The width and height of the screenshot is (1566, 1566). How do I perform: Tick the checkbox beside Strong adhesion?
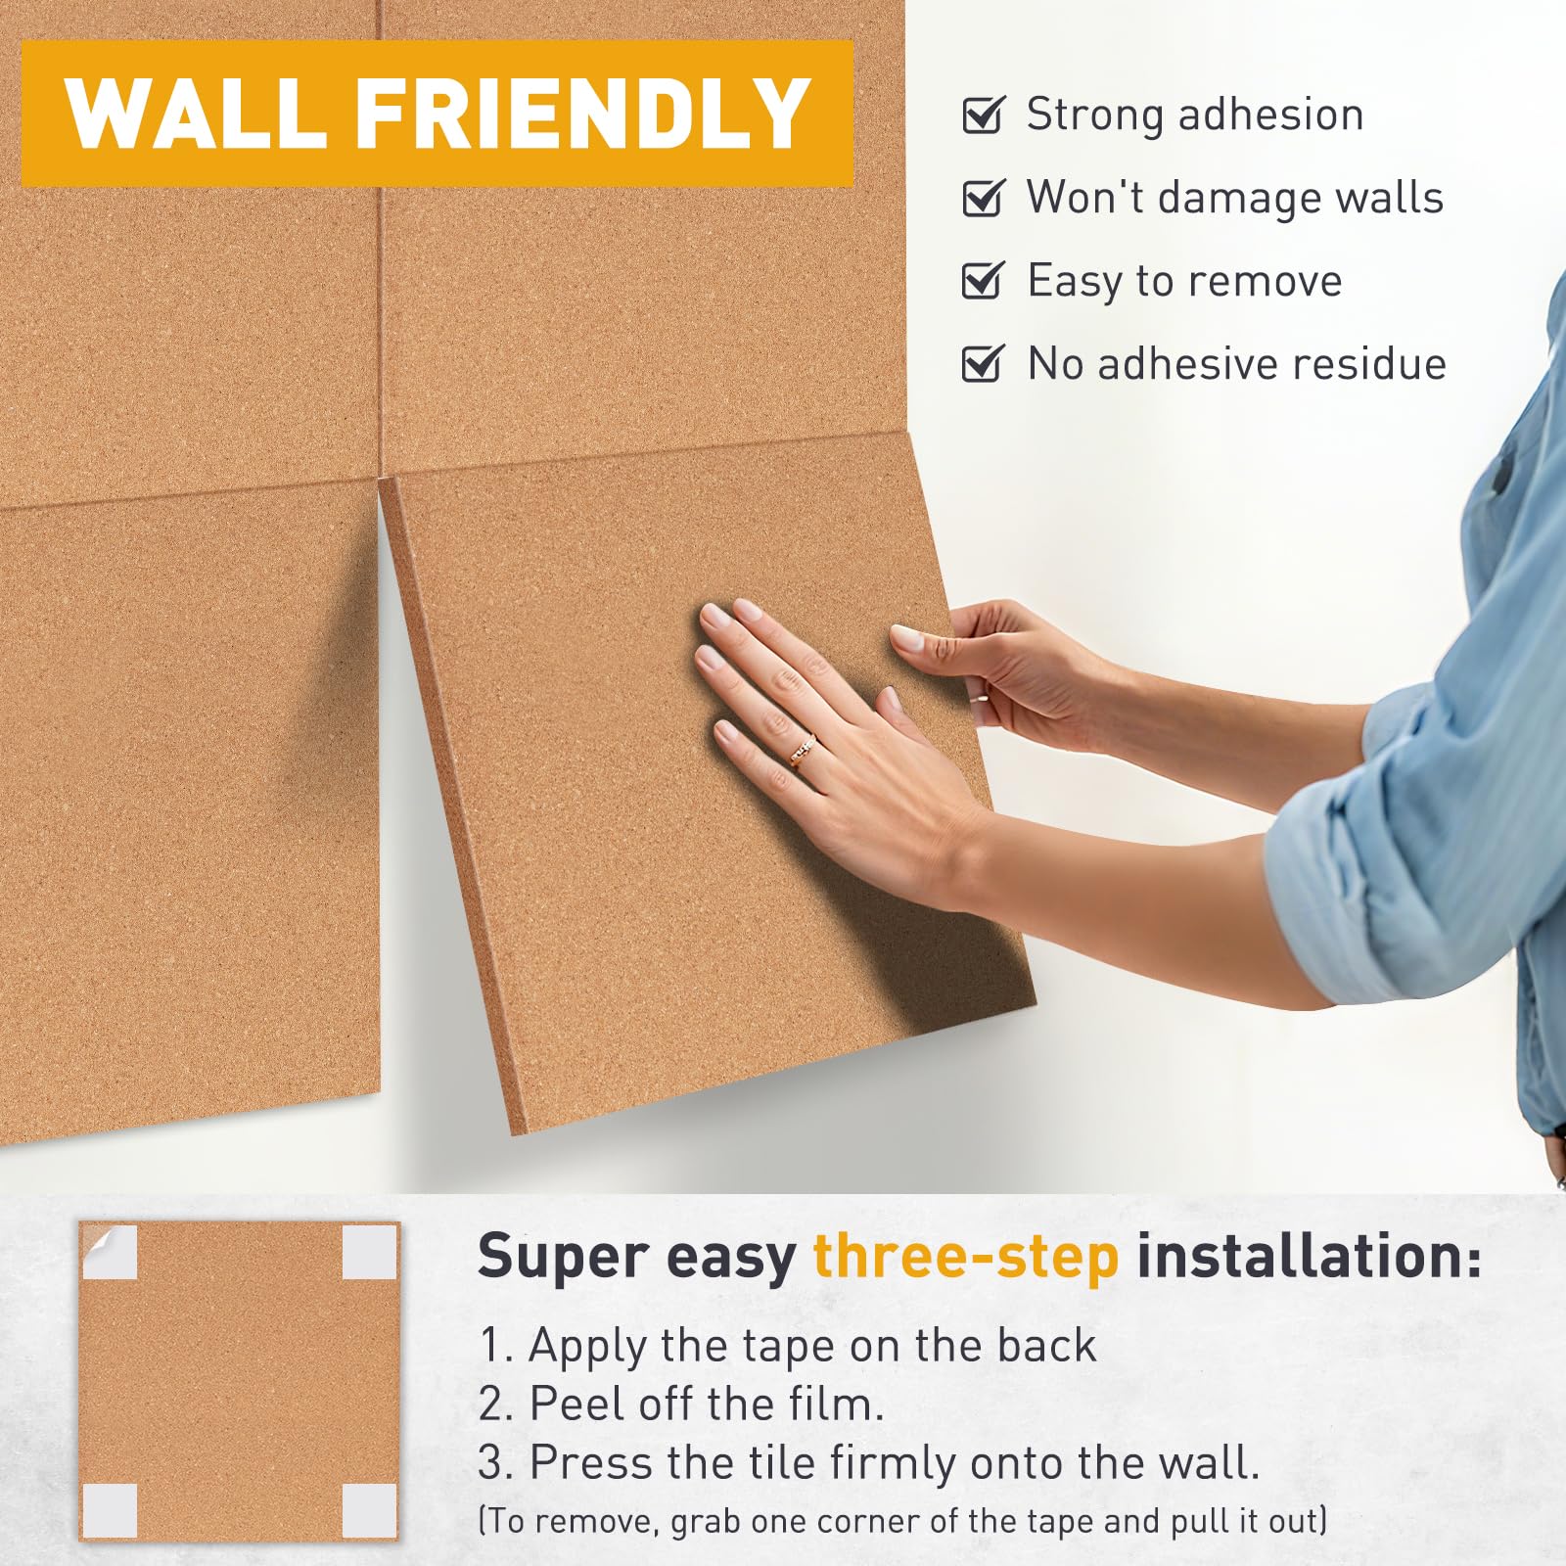984,115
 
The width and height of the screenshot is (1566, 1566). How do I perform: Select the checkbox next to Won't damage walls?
984,198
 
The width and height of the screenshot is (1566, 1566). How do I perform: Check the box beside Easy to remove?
984,281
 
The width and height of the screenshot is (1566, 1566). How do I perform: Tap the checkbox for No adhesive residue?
984,364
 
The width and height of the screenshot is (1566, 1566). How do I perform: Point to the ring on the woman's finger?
804,751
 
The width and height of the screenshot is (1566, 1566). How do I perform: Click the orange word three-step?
966,1257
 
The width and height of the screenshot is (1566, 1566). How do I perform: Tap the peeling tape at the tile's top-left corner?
109,1252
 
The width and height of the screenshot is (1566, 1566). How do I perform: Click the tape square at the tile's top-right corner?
370,1252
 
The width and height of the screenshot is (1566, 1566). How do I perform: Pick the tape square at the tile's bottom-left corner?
110,1510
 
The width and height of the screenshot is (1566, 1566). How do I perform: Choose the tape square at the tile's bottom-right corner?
370,1510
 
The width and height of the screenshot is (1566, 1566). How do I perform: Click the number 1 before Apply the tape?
490,1346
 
